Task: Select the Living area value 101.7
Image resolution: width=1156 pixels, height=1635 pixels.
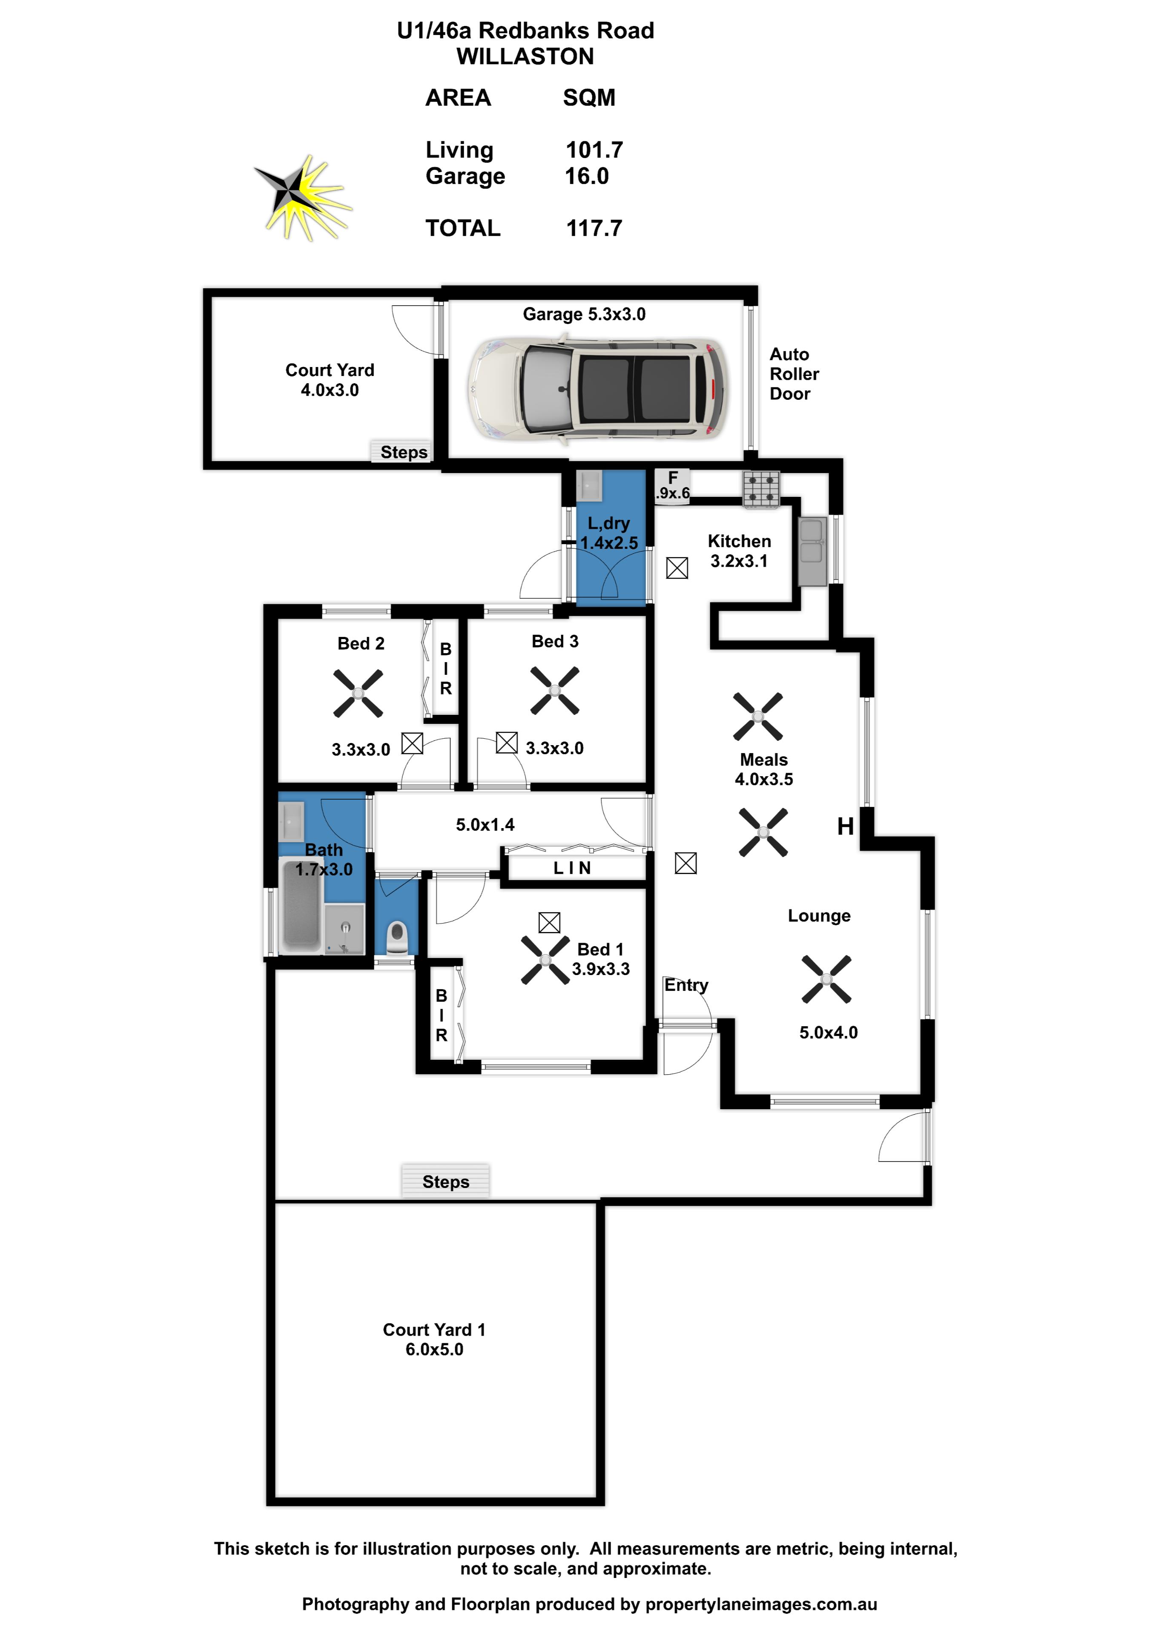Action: tap(594, 150)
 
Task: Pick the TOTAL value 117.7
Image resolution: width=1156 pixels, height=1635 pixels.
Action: tap(594, 229)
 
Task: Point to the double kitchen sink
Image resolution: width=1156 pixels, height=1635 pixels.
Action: tap(812, 551)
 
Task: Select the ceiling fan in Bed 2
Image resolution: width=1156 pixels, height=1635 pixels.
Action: tap(358, 693)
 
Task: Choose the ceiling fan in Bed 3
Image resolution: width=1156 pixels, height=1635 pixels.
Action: tap(555, 691)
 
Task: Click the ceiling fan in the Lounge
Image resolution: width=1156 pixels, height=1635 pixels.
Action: tap(826, 979)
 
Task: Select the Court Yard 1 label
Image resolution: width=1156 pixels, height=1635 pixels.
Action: tap(434, 1330)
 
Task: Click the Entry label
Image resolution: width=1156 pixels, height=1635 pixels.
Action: tap(686, 986)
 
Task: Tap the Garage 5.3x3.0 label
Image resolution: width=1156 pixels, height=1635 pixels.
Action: tap(584, 314)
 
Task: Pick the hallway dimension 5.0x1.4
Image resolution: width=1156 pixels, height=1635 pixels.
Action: tap(485, 825)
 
